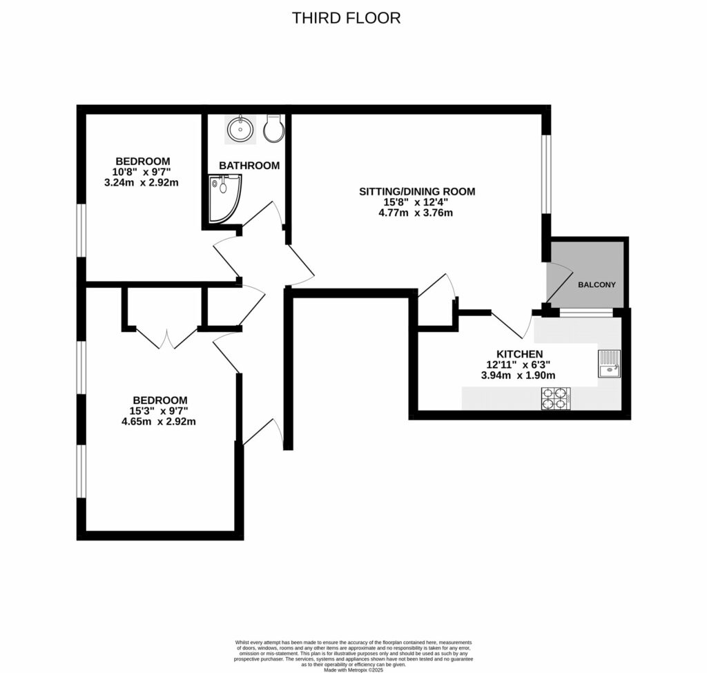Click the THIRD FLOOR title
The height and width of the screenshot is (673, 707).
tap(346, 18)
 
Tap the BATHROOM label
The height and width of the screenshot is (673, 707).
tap(249, 166)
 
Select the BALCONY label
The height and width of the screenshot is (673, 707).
tap(597, 284)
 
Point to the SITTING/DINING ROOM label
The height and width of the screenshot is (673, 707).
tap(416, 191)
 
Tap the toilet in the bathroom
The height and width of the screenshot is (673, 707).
tap(273, 128)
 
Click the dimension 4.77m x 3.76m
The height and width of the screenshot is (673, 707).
tap(416, 213)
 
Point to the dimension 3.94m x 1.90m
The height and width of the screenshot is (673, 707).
tap(523, 375)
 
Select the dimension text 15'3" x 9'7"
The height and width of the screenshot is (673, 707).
tap(159, 411)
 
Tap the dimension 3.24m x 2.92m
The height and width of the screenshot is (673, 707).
tap(142, 183)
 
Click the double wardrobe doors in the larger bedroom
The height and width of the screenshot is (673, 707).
tap(166, 338)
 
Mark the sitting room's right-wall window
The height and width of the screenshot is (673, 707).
tap(545, 175)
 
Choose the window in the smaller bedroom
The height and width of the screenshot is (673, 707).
tap(81, 231)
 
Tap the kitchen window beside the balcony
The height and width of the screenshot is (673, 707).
tap(585, 313)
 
